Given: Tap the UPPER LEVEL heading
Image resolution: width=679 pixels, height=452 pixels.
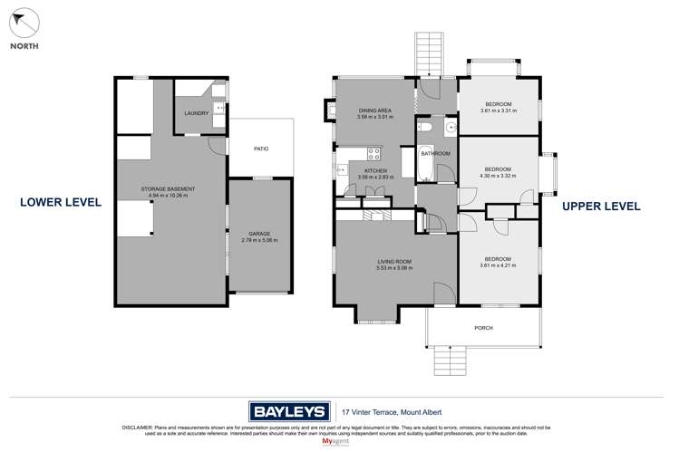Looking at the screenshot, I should (601, 207).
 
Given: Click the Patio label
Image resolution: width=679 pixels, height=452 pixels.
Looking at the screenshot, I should (260, 149).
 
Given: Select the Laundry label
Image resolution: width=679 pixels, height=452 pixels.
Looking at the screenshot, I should (196, 113).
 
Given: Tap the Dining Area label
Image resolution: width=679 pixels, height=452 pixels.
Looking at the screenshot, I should (374, 113).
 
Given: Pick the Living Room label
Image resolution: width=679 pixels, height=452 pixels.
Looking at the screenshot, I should (395, 264).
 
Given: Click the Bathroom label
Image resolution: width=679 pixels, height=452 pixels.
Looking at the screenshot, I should (435, 154).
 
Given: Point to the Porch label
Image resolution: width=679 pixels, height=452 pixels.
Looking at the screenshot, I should (483, 328).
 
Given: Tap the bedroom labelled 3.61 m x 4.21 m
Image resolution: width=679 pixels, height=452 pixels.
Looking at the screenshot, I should (498, 262).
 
